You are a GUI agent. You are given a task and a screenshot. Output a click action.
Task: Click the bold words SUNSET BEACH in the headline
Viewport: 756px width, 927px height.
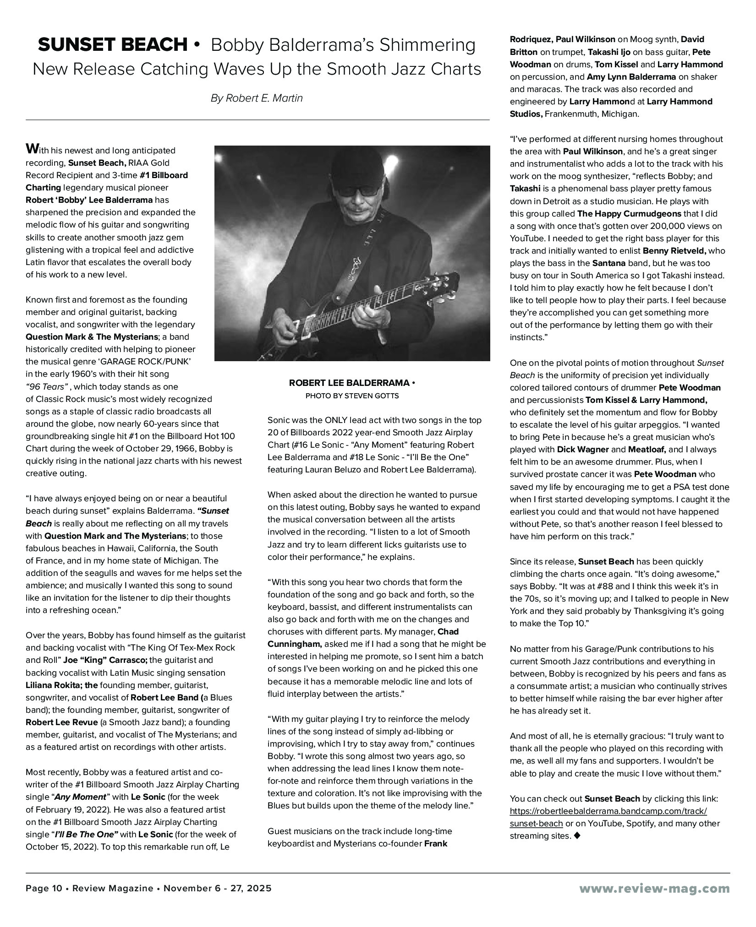pyautogui.click(x=113, y=45)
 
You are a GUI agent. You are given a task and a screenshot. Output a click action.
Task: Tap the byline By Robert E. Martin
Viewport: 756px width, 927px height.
pyautogui.click(x=257, y=98)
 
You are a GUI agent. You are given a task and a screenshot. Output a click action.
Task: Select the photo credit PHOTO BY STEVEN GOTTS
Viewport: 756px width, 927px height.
pyautogui.click(x=352, y=396)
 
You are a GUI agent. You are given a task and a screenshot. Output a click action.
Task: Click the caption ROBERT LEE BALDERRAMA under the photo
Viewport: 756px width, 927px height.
pyautogui.click(x=350, y=383)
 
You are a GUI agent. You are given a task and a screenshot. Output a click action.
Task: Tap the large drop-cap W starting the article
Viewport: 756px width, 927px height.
pyautogui.click(x=32, y=149)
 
